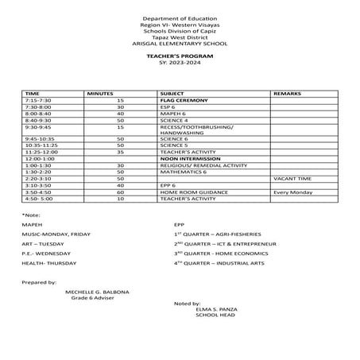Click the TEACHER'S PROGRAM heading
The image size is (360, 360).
pyautogui.click(x=180, y=57)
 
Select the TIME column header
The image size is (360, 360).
pyautogui.click(x=33, y=94)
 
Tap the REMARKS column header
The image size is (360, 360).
pyautogui.click(x=287, y=94)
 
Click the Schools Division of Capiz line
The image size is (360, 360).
pyautogui.click(x=180, y=31)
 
